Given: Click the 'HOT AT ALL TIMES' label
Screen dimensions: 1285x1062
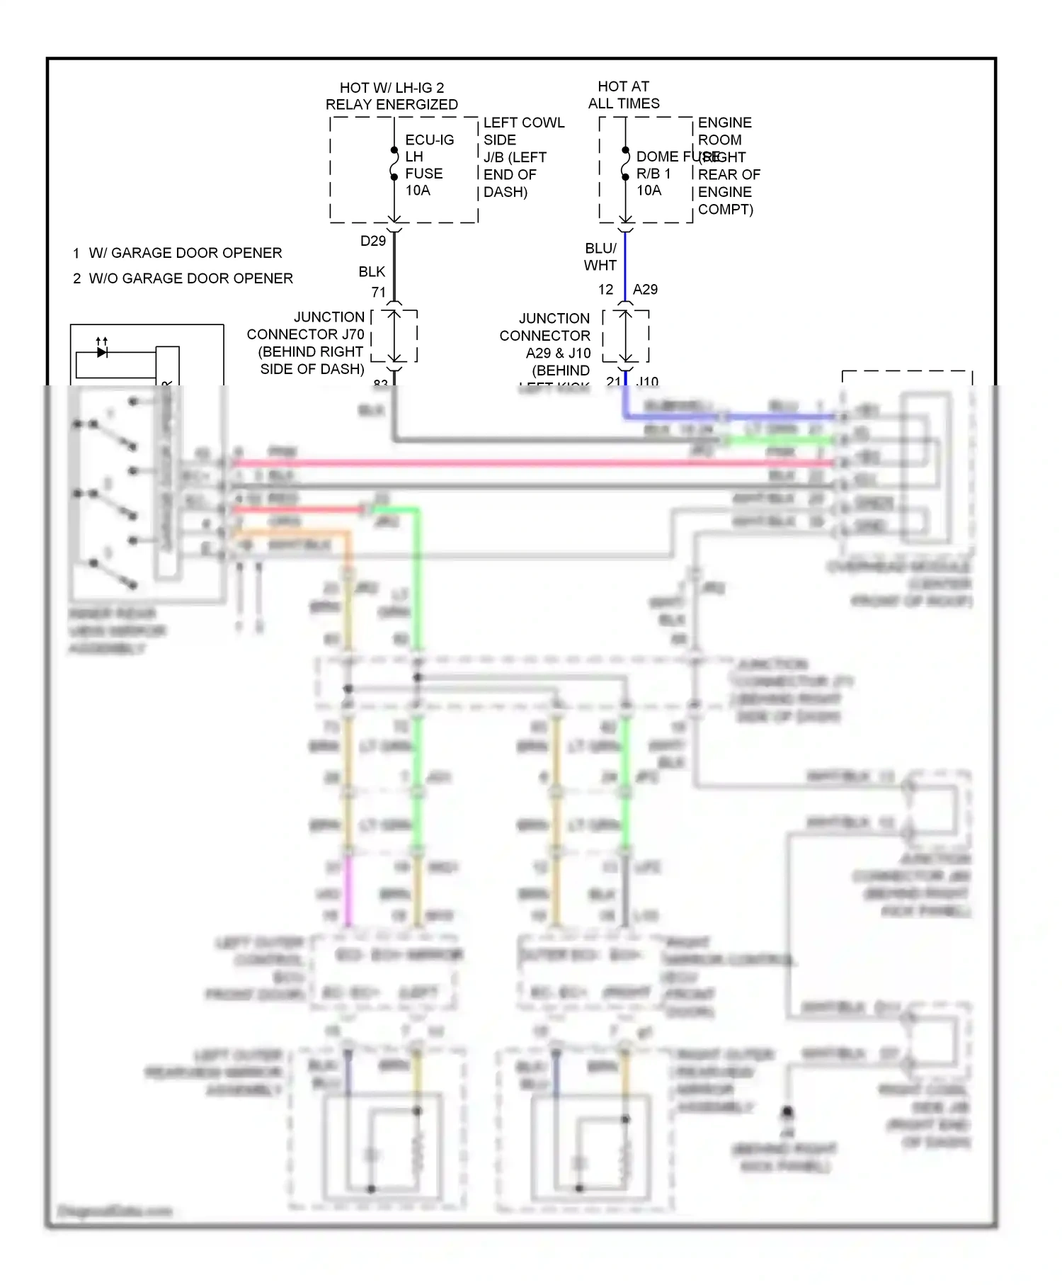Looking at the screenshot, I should pyautogui.click(x=624, y=95).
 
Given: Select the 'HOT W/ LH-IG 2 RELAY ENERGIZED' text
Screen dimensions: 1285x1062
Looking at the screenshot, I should pyautogui.click(x=392, y=96).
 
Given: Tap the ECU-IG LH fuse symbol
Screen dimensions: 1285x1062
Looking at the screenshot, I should pyautogui.click(x=394, y=164).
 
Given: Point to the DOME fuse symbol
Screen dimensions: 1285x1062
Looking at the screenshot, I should pyautogui.click(x=625, y=164).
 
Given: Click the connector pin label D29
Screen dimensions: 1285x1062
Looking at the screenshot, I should pyautogui.click(x=373, y=241).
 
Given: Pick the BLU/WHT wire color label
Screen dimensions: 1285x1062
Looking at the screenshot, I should pyautogui.click(x=600, y=256).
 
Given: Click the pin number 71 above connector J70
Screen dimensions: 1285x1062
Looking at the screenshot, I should pyautogui.click(x=379, y=292).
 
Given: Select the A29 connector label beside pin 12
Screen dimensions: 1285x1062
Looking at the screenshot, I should pyautogui.click(x=645, y=289).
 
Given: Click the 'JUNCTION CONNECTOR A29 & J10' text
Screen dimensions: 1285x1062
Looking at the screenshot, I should pyautogui.click(x=545, y=344).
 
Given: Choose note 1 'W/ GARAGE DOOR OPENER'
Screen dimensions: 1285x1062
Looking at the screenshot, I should pyautogui.click(x=178, y=253).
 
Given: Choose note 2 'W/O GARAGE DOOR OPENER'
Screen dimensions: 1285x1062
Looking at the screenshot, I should pyautogui.click(x=183, y=278).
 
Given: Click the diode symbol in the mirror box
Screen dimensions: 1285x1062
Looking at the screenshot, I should pyautogui.click(x=102, y=351).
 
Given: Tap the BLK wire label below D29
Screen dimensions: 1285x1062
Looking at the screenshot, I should pyautogui.click(x=372, y=271).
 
